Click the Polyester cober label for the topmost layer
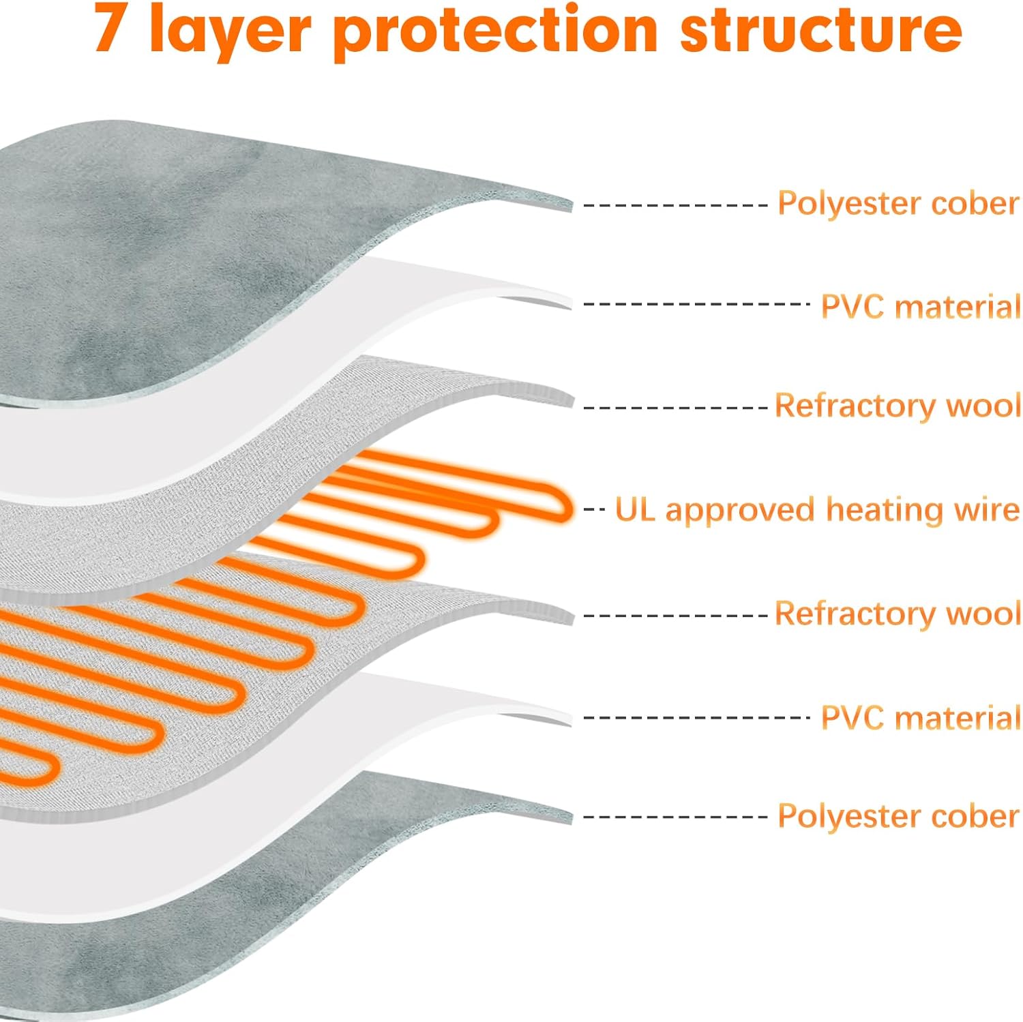[x=898, y=203]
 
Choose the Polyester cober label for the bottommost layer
[x=898, y=816]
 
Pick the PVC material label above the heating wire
[x=921, y=307]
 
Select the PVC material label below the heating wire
[x=921, y=718]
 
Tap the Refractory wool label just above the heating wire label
[x=898, y=406]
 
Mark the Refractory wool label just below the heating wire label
[x=898, y=614]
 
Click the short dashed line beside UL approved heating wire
[x=594, y=509]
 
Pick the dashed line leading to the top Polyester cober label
[x=676, y=205]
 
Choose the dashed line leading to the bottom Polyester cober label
[x=676, y=817]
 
